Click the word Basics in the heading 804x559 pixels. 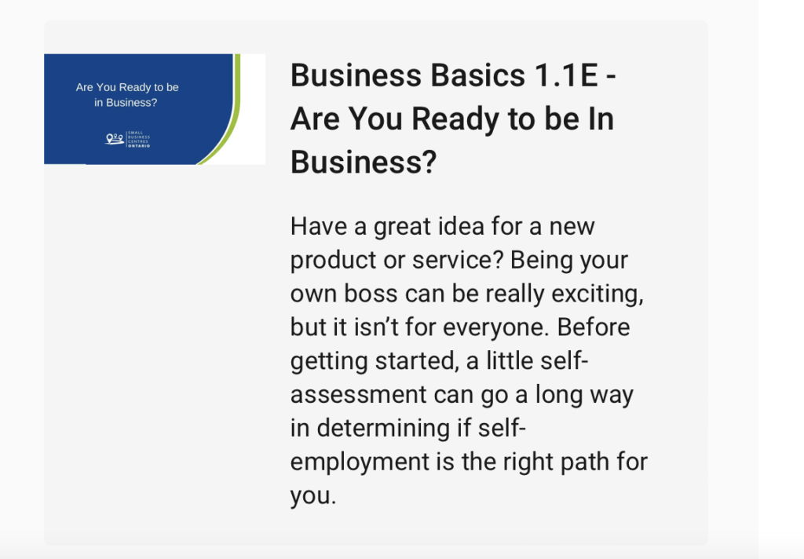click(477, 75)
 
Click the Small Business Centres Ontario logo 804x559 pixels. click(128, 139)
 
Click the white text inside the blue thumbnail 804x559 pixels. click(126, 95)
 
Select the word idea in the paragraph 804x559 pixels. click(455, 226)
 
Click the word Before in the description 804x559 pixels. click(594, 327)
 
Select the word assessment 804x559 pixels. click(358, 395)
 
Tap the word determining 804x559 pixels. click(383, 428)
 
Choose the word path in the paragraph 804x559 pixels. click(584, 462)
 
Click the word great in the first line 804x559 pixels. click(402, 227)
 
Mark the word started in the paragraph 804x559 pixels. click(416, 361)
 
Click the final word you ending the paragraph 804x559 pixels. click(312, 496)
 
